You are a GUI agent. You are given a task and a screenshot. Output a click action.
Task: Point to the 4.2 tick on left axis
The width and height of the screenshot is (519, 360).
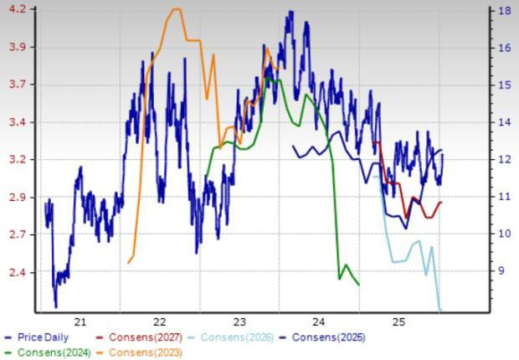click(x=18, y=9)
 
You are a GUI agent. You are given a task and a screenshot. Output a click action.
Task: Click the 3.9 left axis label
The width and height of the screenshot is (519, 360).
click(x=18, y=47)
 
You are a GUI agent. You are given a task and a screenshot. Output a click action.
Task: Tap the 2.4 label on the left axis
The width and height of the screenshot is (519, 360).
click(x=18, y=272)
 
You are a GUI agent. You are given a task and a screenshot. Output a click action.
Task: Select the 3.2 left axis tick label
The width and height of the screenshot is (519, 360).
click(x=18, y=159)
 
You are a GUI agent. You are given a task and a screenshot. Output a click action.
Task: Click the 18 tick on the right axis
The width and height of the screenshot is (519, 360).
click(x=506, y=11)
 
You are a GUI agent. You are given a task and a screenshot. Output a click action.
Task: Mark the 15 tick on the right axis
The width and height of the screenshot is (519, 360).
click(x=506, y=85)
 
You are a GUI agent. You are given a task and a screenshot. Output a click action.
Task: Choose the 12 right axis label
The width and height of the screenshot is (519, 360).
click(x=506, y=159)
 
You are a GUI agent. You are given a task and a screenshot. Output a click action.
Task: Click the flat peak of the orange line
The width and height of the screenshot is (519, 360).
click(x=177, y=9)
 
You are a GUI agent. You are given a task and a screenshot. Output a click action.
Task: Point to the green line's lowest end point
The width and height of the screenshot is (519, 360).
click(x=359, y=285)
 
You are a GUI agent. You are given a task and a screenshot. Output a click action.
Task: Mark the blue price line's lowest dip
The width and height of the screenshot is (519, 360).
click(x=56, y=306)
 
